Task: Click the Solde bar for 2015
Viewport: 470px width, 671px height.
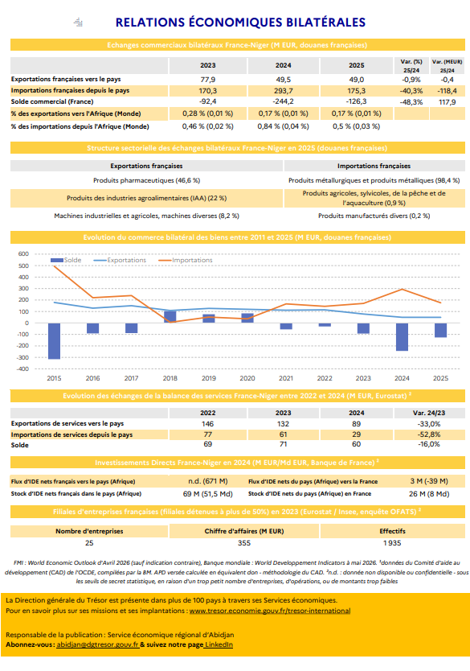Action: [x=54, y=341]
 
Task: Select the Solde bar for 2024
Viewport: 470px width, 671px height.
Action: [x=402, y=337]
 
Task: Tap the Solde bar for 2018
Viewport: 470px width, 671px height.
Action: [x=170, y=317]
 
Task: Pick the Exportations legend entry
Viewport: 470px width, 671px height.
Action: [x=120, y=260]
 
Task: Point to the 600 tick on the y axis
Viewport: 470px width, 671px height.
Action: [x=23, y=253]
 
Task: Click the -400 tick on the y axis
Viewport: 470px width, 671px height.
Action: [x=22, y=368]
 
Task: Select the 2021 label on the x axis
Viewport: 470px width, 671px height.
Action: [x=286, y=378]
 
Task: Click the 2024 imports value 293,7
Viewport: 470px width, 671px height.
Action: [x=284, y=91]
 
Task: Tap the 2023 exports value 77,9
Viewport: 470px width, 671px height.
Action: [x=207, y=80]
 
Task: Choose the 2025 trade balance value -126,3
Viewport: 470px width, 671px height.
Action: [x=357, y=102]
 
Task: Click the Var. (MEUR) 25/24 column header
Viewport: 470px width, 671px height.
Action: [x=447, y=66]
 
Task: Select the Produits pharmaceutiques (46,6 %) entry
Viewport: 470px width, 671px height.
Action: [x=146, y=180]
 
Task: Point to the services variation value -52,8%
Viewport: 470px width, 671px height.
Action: [x=429, y=434]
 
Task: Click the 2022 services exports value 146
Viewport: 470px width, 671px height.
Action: [x=207, y=424]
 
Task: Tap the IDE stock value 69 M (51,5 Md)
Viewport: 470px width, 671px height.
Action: [x=207, y=494]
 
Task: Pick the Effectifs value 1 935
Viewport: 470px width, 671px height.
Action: [x=392, y=543]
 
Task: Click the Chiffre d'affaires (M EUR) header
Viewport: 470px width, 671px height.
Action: [x=244, y=531]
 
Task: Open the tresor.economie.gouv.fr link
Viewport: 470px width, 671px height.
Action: [x=270, y=611]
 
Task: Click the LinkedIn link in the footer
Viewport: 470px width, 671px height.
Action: [x=219, y=644]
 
